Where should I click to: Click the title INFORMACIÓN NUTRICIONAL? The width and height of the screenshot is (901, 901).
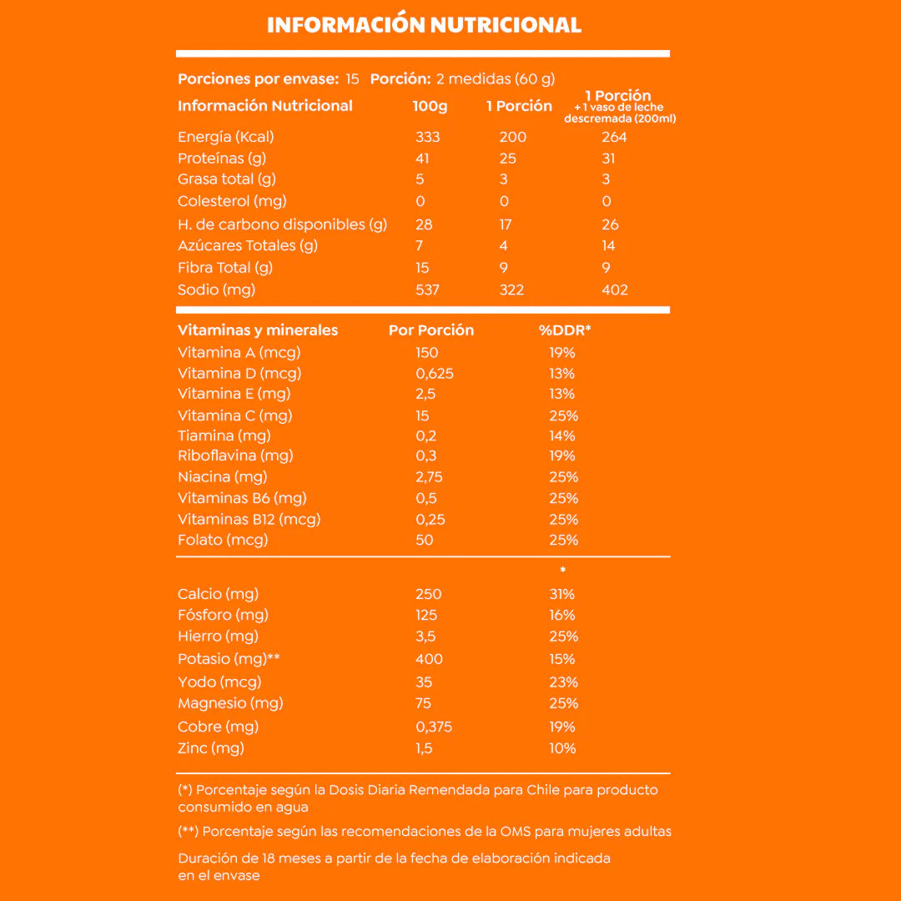[424, 25]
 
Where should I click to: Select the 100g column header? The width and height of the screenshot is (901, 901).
[430, 106]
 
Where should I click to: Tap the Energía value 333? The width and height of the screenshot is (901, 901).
[427, 137]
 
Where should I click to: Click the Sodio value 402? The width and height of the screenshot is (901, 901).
[614, 289]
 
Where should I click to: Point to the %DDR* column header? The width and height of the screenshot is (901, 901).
[565, 330]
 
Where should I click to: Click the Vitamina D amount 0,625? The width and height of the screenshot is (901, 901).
[435, 373]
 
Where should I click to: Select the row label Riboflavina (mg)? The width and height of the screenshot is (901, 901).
[235, 456]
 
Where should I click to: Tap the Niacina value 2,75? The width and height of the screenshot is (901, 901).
[430, 477]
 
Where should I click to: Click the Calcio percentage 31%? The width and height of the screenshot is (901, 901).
[561, 594]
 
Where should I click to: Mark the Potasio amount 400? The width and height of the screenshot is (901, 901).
[429, 659]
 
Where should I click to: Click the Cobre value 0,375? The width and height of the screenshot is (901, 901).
[434, 727]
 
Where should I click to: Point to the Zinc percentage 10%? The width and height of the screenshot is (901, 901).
[562, 748]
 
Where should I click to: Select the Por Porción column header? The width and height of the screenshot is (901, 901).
[430, 330]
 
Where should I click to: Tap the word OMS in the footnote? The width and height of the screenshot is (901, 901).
[524, 831]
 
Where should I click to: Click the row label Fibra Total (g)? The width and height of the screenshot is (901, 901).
[225, 268]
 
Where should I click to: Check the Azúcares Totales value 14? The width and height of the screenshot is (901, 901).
[608, 245]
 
